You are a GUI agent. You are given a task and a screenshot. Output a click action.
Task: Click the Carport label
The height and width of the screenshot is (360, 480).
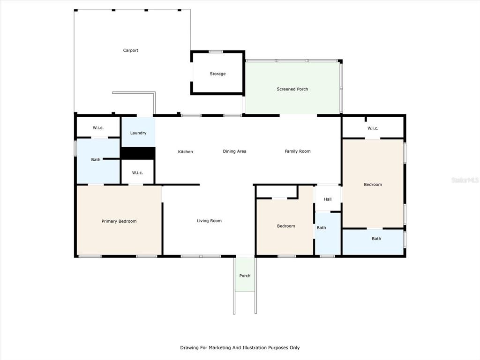point(131,50)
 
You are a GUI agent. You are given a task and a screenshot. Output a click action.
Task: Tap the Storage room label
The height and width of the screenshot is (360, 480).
point(217,74)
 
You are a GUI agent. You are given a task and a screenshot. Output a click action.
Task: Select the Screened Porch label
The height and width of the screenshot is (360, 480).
point(292,89)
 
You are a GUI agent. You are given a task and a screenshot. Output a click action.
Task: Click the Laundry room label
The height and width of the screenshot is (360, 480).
point(138,133)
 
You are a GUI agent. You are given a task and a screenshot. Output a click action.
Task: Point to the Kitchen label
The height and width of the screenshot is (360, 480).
point(186,151)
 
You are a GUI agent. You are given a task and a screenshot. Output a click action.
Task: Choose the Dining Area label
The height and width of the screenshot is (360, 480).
point(234,151)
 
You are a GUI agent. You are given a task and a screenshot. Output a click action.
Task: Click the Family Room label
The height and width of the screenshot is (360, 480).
point(298,151)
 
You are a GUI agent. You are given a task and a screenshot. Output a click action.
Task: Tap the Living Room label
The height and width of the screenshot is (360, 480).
point(209,221)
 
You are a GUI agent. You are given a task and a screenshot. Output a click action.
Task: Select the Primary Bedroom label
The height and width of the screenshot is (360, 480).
point(119,221)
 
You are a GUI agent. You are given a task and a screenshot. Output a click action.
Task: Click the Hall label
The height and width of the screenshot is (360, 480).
point(328,199)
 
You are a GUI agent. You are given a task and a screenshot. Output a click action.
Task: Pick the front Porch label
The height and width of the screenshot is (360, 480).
point(245,276)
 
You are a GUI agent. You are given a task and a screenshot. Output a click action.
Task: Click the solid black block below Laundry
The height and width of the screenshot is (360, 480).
point(138,153)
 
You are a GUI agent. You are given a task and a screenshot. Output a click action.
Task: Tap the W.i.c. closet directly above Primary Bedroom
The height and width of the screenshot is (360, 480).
point(137,172)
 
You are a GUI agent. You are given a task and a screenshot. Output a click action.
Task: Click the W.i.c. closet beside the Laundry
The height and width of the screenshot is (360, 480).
point(98,127)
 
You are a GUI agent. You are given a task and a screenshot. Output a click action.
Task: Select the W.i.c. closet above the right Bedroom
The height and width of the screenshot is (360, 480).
point(373,128)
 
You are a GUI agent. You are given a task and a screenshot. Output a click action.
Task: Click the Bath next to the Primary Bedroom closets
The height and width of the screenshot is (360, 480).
point(96,159)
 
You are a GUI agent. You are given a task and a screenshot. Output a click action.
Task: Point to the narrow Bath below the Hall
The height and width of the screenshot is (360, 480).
point(322,228)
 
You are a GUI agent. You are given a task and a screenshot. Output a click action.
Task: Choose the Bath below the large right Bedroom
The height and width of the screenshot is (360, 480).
point(376,239)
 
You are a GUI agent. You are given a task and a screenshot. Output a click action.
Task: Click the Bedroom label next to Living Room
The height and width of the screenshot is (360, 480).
point(286,226)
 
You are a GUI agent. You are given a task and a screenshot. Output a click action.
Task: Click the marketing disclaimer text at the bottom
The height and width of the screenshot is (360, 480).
point(240,347)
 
